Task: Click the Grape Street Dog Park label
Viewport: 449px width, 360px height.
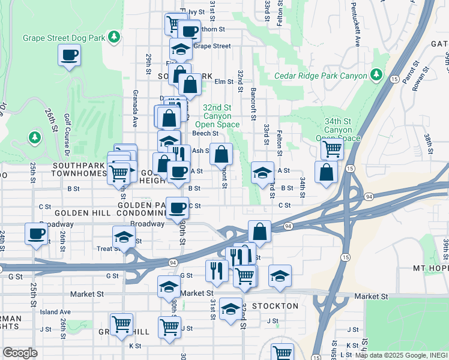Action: pyautogui.click(x=64, y=38)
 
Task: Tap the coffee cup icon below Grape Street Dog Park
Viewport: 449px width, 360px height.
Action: pyautogui.click(x=70, y=56)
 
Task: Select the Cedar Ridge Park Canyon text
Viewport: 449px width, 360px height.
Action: pyautogui.click(x=320, y=76)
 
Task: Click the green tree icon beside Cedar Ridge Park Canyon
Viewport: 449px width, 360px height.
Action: pyautogui.click(x=376, y=74)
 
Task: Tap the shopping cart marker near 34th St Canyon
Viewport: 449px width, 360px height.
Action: pyautogui.click(x=332, y=148)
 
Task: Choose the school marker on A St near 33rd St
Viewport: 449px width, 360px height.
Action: pyautogui.click(x=262, y=173)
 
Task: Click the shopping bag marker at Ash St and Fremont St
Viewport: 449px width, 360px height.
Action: pyautogui.click(x=221, y=154)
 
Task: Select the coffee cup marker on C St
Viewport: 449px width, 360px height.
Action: pyautogui.click(x=177, y=208)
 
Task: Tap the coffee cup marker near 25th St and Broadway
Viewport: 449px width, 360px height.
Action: pyautogui.click(x=36, y=233)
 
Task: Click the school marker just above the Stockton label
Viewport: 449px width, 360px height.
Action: pyautogui.click(x=231, y=309)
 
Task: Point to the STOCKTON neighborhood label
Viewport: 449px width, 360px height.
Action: pyautogui.click(x=274, y=306)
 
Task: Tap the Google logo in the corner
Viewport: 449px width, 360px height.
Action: pyautogui.click(x=20, y=353)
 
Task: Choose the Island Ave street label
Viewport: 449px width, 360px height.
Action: pyautogui.click(x=55, y=312)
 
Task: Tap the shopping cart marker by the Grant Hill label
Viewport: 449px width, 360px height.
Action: pyautogui.click(x=121, y=324)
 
